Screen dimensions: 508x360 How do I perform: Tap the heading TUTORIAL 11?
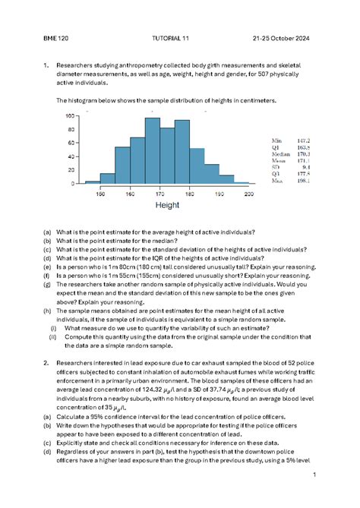174,39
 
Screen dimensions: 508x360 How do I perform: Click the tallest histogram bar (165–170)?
152,150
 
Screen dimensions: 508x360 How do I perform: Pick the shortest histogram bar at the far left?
93,182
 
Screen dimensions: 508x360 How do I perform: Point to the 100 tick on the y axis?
70,116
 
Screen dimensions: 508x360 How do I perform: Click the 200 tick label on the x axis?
248,194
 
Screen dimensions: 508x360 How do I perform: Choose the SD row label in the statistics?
276,167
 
